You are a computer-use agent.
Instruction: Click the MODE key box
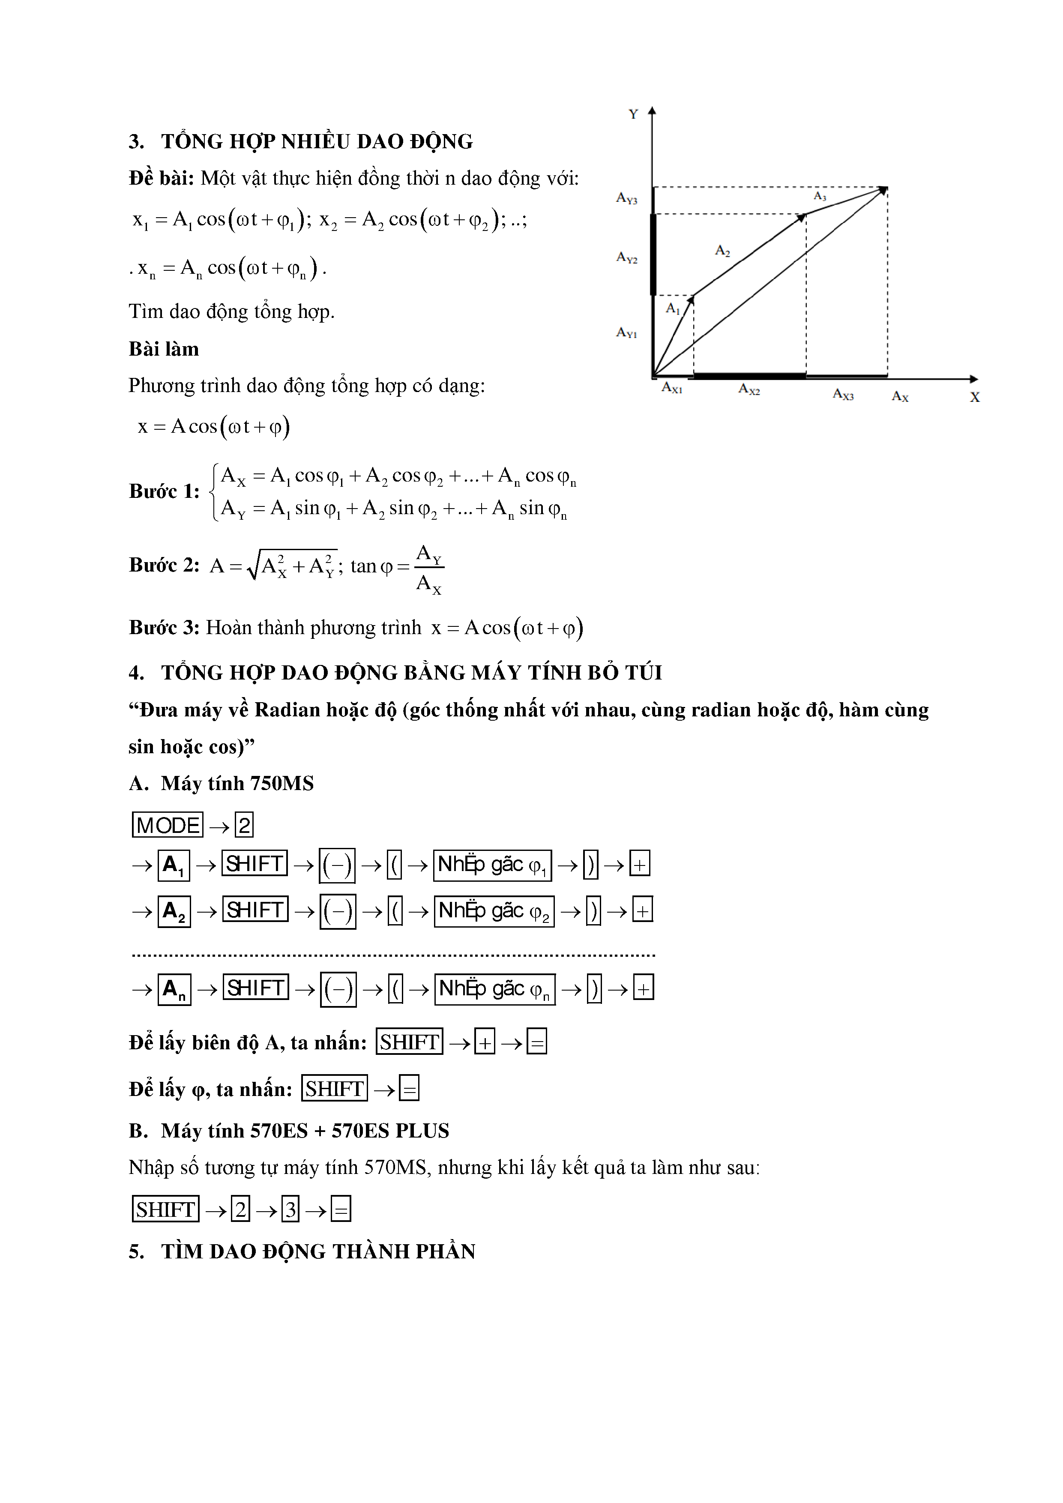pyautogui.click(x=168, y=825)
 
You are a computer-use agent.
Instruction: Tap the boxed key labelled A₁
pyautogui.click(x=174, y=865)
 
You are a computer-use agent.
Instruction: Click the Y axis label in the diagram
pyautogui.click(x=633, y=114)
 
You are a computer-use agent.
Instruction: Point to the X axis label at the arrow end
pyautogui.click(x=975, y=397)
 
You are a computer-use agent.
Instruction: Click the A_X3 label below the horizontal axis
pyautogui.click(x=843, y=394)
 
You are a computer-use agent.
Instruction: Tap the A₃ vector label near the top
pyautogui.click(x=820, y=196)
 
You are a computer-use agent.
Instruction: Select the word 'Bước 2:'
pyautogui.click(x=164, y=565)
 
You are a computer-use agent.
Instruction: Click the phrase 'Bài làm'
pyautogui.click(x=164, y=349)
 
